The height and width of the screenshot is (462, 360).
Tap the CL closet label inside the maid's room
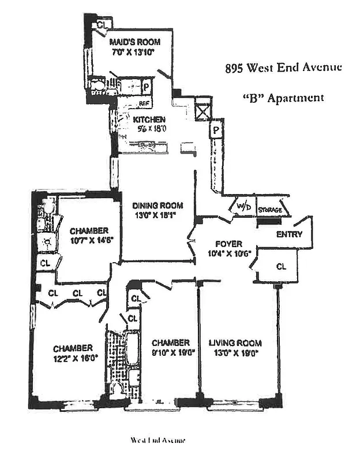pos(102,25)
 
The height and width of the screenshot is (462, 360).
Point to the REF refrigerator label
pos(145,103)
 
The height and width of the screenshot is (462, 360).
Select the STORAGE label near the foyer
pos(270,210)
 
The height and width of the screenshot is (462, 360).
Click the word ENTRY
pos(290,234)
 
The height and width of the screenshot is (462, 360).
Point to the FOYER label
pos(227,244)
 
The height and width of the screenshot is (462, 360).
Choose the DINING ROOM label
pos(157,206)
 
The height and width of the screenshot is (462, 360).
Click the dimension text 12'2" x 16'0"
pos(73,357)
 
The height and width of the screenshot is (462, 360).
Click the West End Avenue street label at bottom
pos(157,440)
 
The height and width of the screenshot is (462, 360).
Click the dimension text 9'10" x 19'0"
pos(172,352)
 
